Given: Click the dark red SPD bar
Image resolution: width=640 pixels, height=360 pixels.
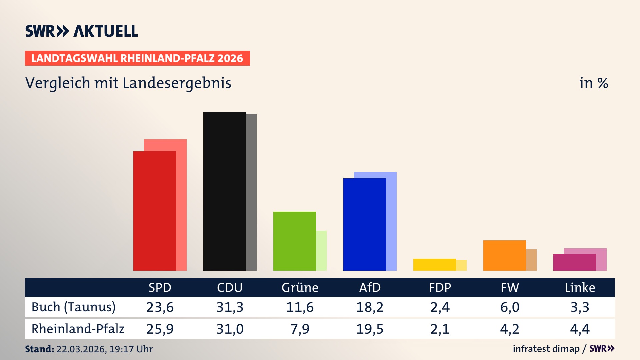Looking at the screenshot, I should click(154, 211).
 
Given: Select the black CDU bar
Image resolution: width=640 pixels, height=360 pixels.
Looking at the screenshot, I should click(224, 191).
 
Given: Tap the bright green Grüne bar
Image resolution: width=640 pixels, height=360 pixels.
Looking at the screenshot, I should click(294, 241).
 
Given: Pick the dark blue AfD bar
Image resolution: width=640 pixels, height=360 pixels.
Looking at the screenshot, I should click(364, 224).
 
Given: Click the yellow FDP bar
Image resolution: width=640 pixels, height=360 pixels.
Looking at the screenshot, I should click(434, 265).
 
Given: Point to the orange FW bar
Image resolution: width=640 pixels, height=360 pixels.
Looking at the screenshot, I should click(504, 255).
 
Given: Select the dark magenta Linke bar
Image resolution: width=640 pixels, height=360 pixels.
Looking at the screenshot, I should click(574, 262).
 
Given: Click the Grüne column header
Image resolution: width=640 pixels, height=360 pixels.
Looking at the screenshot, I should click(300, 288).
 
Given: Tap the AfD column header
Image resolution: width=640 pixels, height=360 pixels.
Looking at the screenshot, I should click(370, 288).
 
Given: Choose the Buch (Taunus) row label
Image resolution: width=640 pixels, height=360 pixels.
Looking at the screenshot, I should click(73, 307).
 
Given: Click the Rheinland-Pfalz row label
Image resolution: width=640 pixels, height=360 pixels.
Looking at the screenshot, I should click(78, 329).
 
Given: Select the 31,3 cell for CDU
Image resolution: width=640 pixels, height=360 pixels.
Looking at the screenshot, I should click(230, 307).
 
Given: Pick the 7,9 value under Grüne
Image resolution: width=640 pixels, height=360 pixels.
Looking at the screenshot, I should click(300, 329).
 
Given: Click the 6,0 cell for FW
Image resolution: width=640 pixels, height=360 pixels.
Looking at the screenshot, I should click(510, 307).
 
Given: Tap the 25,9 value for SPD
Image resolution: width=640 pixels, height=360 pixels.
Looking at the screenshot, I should click(160, 329).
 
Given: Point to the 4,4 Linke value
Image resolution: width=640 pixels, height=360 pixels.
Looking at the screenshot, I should click(580, 329).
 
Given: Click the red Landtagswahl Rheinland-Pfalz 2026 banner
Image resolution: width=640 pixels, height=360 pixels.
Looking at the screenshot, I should click(137, 58).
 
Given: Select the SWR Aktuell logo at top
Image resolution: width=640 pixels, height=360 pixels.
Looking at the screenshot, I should click(82, 31).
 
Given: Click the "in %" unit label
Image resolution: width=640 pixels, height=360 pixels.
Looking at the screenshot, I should click(593, 83).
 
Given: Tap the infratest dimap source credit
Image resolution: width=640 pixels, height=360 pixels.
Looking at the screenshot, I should click(546, 349).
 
